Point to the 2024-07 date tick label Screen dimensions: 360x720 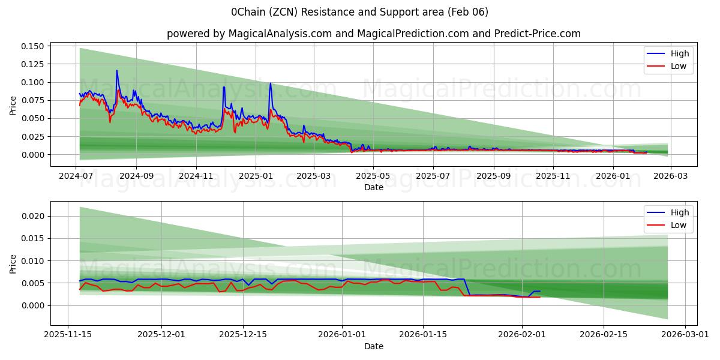[76, 176]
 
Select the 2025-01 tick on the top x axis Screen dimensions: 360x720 [256, 176]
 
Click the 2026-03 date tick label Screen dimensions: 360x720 [670, 176]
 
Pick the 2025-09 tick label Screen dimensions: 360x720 [494, 176]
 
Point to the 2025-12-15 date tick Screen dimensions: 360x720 [243, 335]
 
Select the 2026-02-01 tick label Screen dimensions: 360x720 [522, 335]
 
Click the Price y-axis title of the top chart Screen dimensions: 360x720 [13, 106]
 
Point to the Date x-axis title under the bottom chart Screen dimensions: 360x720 [373, 346]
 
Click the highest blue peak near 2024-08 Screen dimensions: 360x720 [117, 71]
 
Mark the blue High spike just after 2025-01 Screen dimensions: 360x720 [271, 83]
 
